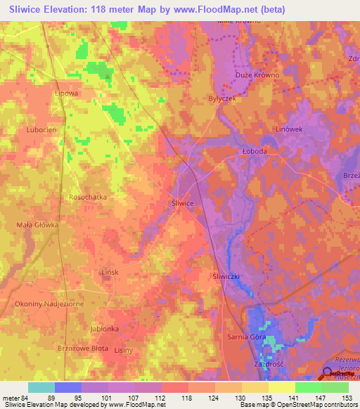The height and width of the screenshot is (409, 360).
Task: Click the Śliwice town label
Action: click(183, 202)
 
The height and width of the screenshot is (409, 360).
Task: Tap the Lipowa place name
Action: click(65, 92)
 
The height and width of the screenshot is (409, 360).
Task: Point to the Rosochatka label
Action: click(88, 197)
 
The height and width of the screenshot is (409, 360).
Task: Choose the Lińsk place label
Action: click(91, 272)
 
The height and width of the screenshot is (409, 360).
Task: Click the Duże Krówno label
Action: click(257, 75)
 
